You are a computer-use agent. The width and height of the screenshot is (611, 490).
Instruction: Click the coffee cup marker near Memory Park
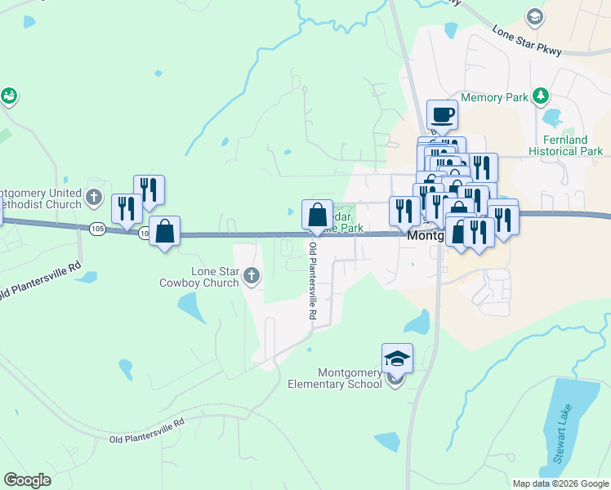(442, 114)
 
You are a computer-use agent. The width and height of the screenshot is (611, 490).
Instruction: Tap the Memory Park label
(494, 97)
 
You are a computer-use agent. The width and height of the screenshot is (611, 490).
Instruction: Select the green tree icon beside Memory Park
(539, 96)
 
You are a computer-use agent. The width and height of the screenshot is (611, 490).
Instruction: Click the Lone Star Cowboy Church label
(198, 277)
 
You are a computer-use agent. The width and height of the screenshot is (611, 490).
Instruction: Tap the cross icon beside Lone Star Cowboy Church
(251, 277)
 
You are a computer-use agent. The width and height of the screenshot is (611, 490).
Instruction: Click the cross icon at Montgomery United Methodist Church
(94, 197)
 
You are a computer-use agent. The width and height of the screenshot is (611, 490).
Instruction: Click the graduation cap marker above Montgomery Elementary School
(397, 359)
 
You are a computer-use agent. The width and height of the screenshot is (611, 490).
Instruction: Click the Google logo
(27, 480)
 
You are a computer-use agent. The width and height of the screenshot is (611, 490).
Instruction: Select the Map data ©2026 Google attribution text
(560, 483)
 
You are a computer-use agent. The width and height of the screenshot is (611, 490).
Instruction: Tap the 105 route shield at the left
(97, 228)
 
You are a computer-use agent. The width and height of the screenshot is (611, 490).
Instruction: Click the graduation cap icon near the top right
(535, 16)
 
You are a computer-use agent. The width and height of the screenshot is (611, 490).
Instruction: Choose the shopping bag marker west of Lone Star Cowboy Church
(165, 231)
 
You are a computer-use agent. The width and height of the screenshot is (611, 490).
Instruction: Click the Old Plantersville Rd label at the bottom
(148, 432)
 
